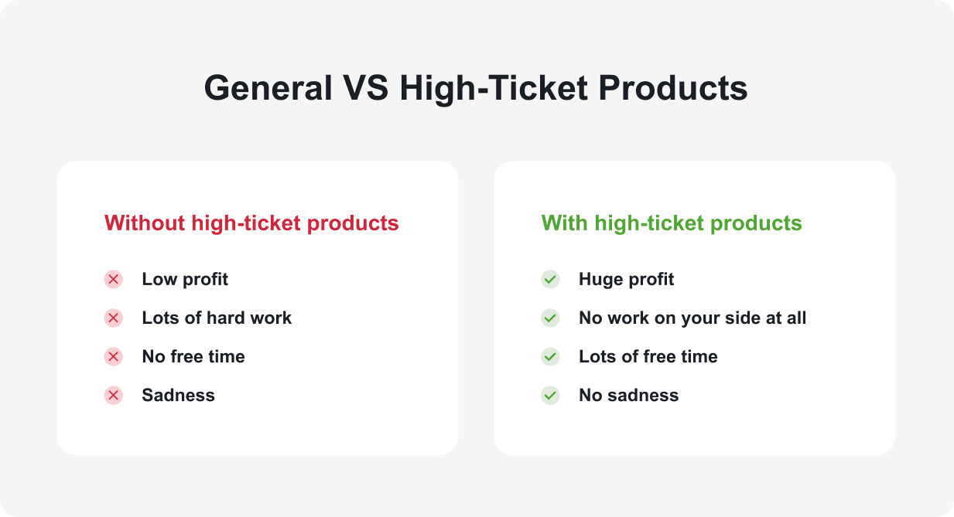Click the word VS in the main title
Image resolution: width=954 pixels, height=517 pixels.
pyautogui.click(x=364, y=88)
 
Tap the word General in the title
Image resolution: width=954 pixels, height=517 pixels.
pyautogui.click(x=268, y=88)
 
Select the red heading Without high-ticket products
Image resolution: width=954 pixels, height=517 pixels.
pyautogui.click(x=251, y=223)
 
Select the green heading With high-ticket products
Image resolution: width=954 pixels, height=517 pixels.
pyautogui.click(x=672, y=223)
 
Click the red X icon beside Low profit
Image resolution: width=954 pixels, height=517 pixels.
pyautogui.click(x=114, y=280)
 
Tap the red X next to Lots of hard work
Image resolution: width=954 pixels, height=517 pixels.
pyautogui.click(x=114, y=318)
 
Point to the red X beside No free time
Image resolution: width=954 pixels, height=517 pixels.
pyautogui.click(x=114, y=357)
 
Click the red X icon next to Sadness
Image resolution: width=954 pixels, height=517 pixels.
pyautogui.click(x=114, y=396)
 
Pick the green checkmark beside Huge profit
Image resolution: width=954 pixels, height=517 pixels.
pyautogui.click(x=550, y=280)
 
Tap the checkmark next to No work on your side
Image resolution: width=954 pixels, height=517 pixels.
pyautogui.click(x=550, y=318)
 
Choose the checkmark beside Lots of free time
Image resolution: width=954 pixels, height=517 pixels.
pyautogui.click(x=550, y=357)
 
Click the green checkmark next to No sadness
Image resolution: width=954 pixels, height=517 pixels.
pyautogui.click(x=550, y=396)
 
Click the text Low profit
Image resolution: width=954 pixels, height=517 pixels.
pyautogui.click(x=185, y=280)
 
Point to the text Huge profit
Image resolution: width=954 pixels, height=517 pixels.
pyautogui.click(x=626, y=280)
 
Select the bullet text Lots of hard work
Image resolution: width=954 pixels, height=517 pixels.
pyautogui.click(x=217, y=318)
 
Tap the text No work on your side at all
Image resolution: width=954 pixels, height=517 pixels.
pyautogui.click(x=692, y=318)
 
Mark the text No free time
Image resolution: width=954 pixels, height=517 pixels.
pyautogui.click(x=193, y=357)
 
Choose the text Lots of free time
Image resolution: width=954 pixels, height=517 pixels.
pyautogui.click(x=648, y=357)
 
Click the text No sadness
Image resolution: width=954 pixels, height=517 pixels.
pyautogui.click(x=628, y=396)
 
